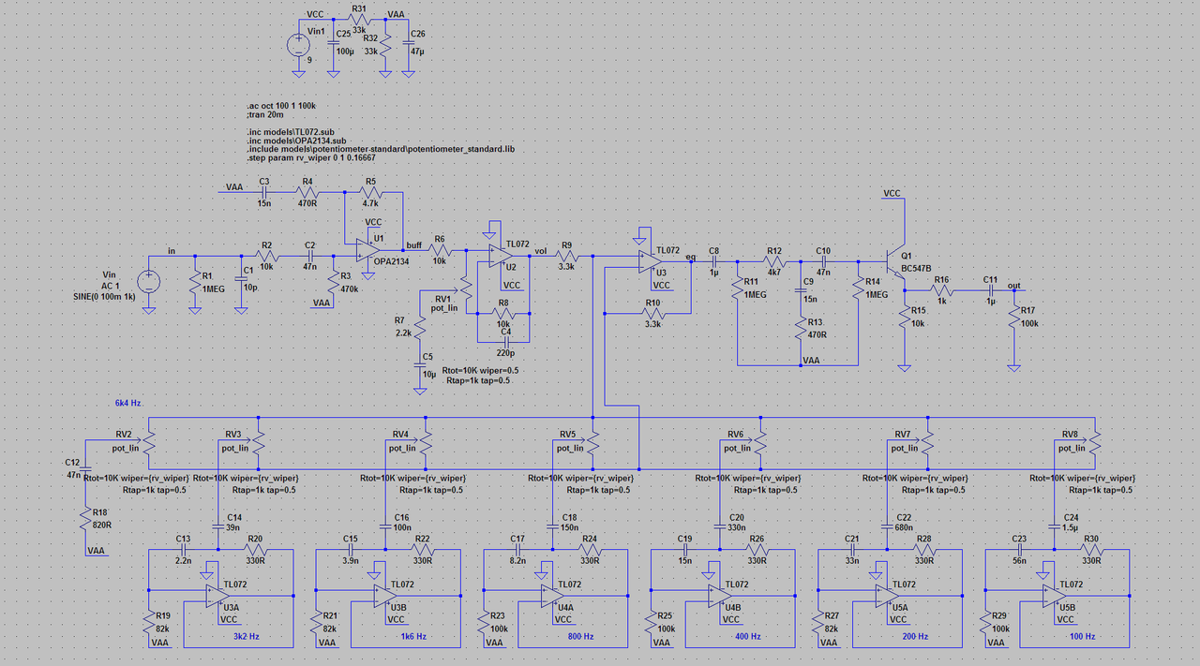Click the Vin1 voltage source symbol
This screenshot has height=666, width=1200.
click(298, 44)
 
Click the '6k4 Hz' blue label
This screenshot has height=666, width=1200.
click(127, 402)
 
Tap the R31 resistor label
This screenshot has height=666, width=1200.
click(359, 8)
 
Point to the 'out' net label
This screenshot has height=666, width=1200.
click(1013, 285)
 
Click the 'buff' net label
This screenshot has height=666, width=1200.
click(413, 244)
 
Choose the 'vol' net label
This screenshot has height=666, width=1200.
click(540, 250)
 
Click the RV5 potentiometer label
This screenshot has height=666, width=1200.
click(567, 435)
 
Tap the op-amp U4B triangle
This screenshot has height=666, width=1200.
click(718, 594)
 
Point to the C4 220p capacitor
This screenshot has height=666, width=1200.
click(505, 341)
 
